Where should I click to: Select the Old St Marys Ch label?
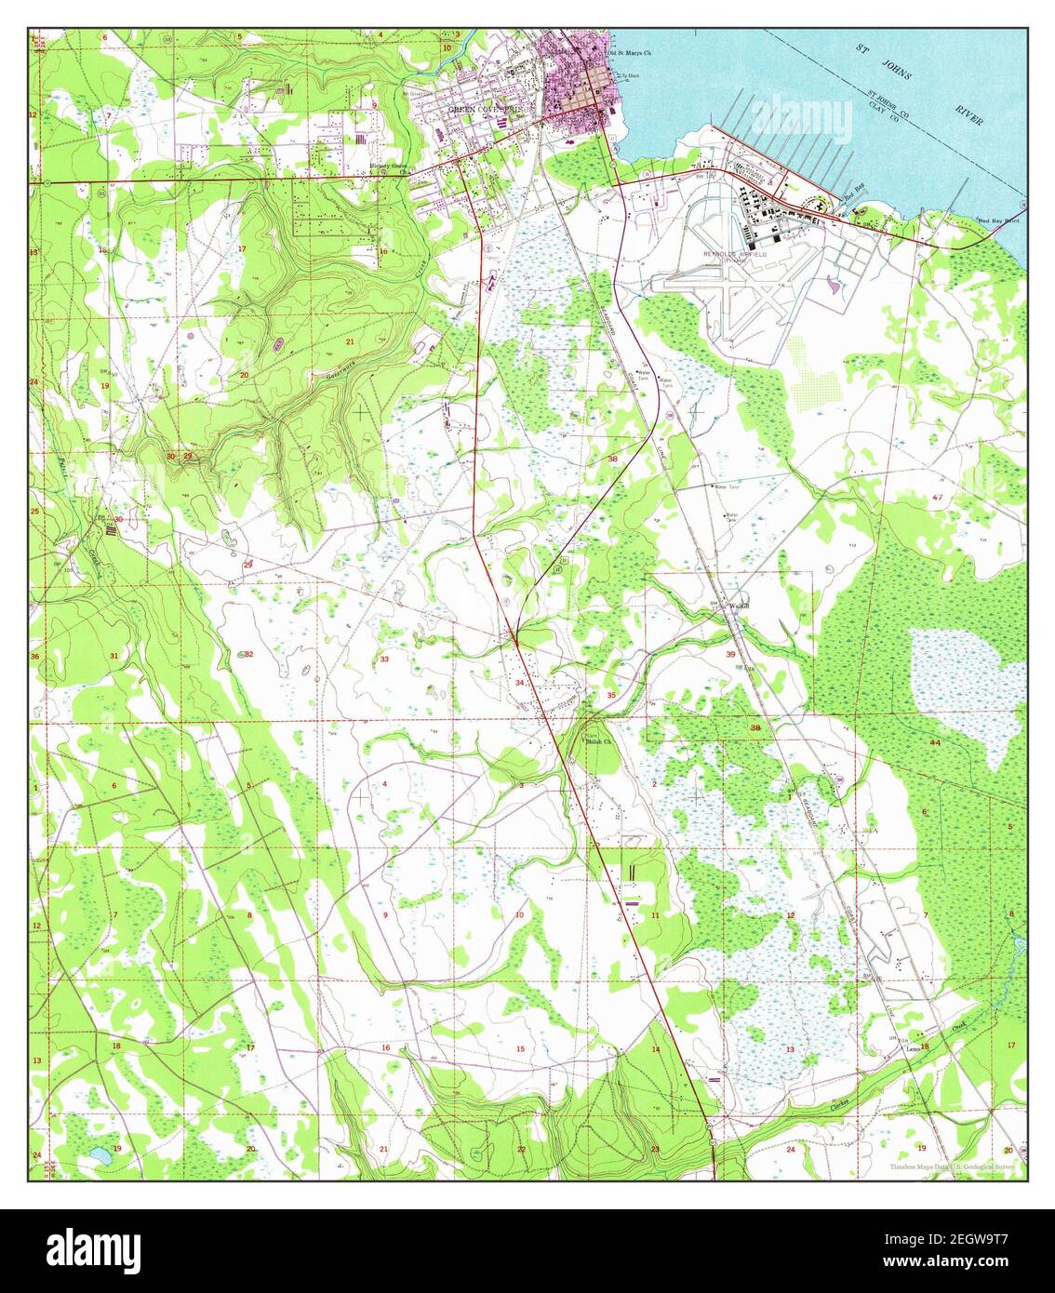pos(629,53)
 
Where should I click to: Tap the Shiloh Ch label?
pos(598,741)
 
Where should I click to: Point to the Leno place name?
pos(914,1047)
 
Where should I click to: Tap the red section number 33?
pos(384,660)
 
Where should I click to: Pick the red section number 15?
pos(521,1049)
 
